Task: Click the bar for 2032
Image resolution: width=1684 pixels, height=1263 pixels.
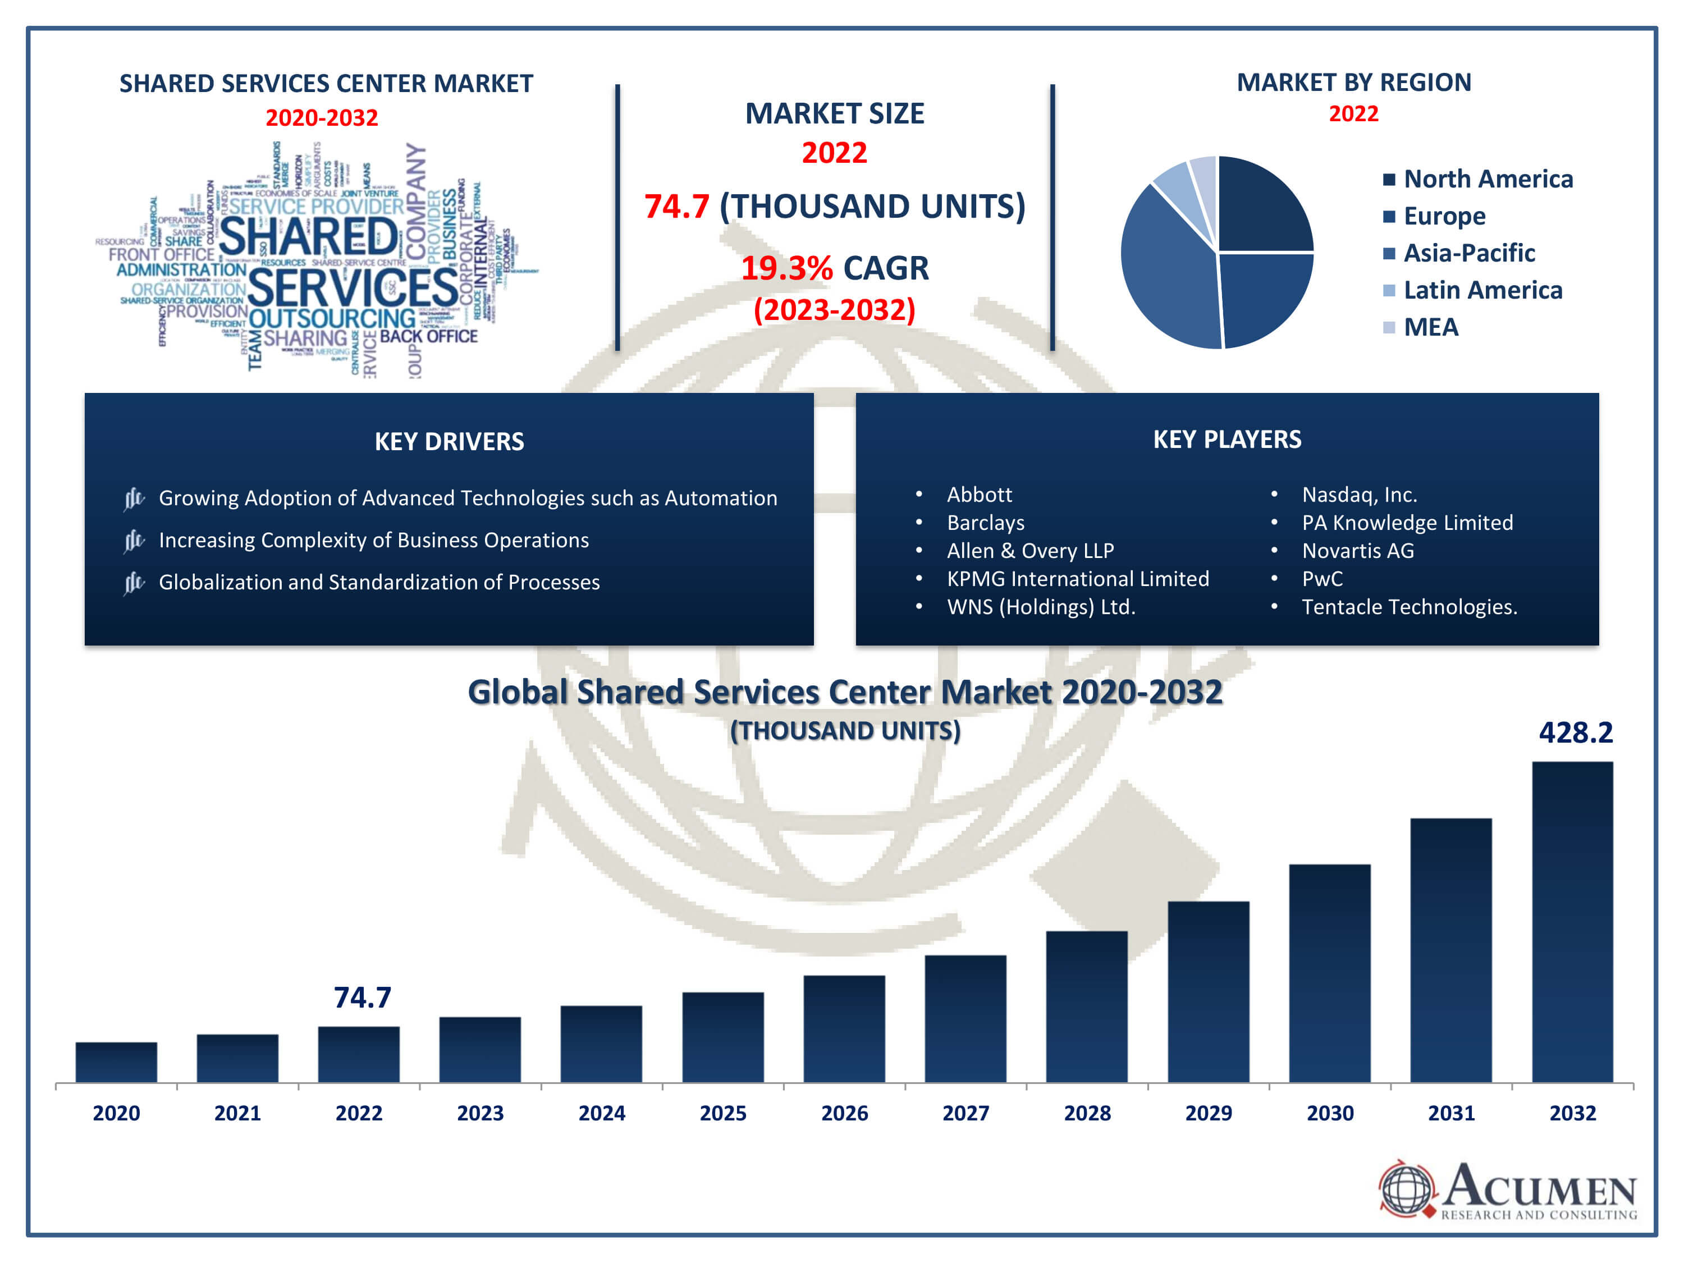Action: pos(1572,921)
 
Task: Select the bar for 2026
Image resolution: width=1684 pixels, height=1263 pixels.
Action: pos(844,1028)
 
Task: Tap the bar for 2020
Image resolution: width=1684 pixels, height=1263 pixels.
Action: pos(117,1062)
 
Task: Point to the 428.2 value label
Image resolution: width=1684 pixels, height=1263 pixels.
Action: pos(1575,733)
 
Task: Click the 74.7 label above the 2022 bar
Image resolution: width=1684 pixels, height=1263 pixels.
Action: pos(363,997)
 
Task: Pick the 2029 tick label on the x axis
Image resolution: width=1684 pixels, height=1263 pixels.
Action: pos(1208,1113)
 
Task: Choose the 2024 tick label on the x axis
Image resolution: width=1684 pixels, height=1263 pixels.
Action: pos(601,1113)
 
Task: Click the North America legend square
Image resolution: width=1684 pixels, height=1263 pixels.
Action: pos(1389,180)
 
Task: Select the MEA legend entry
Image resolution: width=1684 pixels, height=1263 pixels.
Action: pos(1430,327)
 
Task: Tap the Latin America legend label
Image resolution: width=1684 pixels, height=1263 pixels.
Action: pos(1482,290)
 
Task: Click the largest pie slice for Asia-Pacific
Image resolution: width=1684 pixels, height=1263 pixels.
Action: pos(1165,267)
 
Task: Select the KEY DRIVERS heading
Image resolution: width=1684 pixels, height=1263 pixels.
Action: pos(449,442)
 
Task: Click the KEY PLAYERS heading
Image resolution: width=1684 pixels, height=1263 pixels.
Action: pos(1227,440)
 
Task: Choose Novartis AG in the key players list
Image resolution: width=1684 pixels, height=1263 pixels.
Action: pos(1357,551)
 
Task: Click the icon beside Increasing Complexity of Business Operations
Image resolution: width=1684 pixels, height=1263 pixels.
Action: pos(134,541)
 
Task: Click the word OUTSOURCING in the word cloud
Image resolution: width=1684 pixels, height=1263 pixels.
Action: pos(332,318)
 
